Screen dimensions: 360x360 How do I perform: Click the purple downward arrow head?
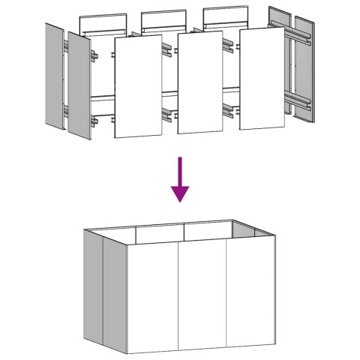(180, 193)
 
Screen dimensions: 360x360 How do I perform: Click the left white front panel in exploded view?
(138, 86)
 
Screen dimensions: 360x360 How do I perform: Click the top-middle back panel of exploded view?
(163, 20)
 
